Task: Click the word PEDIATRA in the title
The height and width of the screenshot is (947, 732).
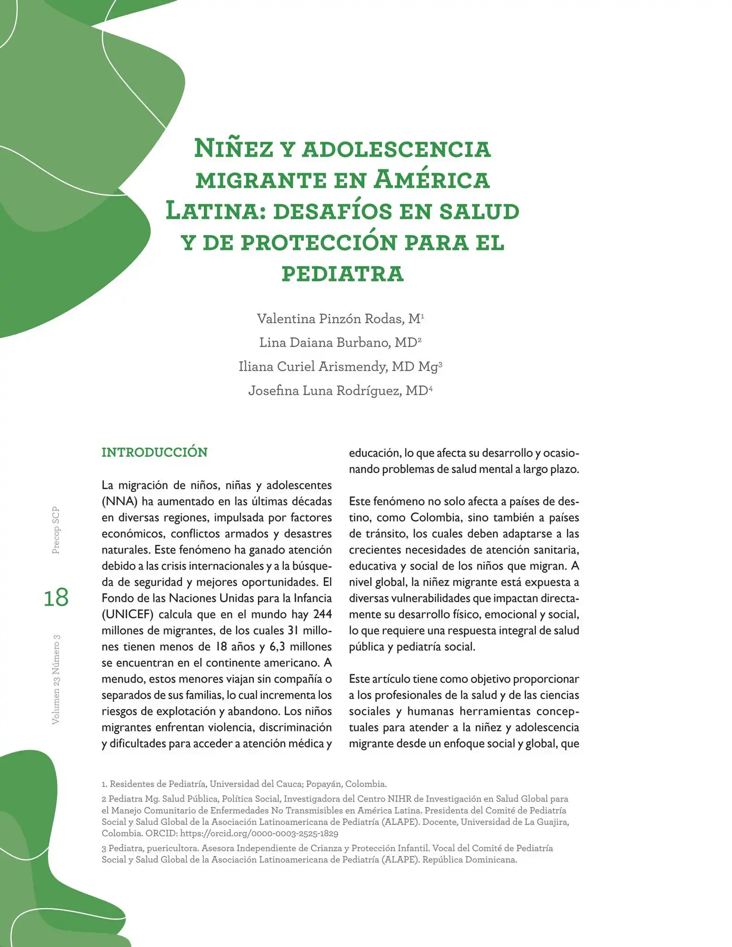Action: tap(343, 273)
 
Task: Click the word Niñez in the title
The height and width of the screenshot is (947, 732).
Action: tap(233, 148)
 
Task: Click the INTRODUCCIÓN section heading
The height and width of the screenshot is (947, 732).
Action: tap(154, 452)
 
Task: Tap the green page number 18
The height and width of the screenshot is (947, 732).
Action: tap(56, 597)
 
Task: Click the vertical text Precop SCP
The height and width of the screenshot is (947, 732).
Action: tap(56, 530)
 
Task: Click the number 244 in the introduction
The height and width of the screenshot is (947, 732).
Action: tap(322, 615)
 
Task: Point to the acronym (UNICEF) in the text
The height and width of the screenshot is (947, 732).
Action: tap(127, 615)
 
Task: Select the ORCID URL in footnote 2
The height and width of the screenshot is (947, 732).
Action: tap(259, 833)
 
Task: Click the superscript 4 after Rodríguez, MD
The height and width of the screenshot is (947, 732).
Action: tap(431, 388)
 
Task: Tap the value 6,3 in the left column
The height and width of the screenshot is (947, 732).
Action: tap(277, 647)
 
